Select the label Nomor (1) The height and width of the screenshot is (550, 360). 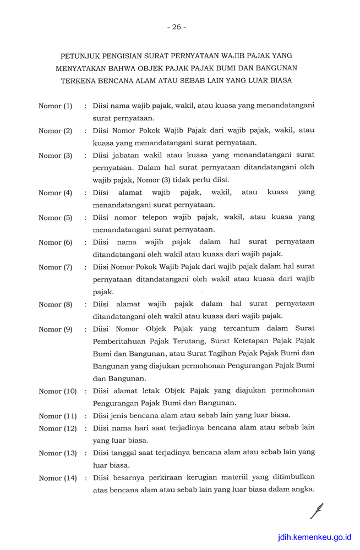(55, 106)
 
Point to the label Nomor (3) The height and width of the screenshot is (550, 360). (55, 156)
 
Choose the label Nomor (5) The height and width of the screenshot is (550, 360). (55, 218)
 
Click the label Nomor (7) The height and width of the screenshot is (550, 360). (55, 267)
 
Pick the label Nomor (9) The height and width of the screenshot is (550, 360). (55, 329)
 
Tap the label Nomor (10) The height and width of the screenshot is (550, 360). (57, 392)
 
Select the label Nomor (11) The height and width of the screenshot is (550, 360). (57, 416)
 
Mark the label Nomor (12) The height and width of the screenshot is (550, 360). (57, 428)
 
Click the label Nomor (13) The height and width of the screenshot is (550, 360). (57, 453)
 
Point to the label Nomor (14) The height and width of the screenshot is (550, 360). (57, 478)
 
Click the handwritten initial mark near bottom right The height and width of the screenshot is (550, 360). (317, 512)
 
